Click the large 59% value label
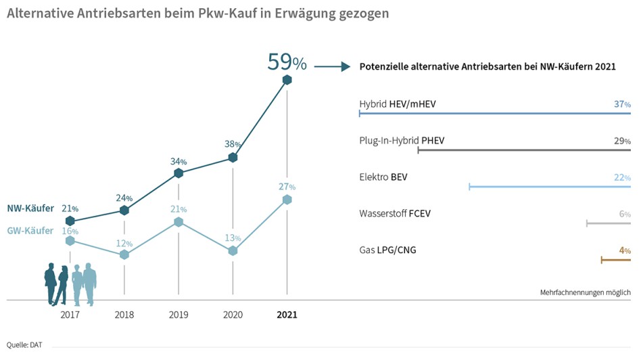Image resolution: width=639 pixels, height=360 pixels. [287, 62]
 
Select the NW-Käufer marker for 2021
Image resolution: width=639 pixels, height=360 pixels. [287, 80]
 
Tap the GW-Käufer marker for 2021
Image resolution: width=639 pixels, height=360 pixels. [287, 200]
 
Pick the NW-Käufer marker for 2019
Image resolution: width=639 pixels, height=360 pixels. [179, 173]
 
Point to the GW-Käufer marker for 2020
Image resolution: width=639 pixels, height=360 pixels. [233, 250]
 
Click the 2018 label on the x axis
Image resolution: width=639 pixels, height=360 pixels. [124, 315]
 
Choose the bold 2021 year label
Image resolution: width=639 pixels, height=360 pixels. [287, 315]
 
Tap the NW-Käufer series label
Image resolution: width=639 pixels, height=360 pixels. [30, 208]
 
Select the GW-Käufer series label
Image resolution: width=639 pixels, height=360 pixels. [30, 231]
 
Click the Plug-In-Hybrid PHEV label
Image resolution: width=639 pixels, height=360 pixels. [402, 141]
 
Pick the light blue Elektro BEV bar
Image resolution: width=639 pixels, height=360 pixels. [549, 186]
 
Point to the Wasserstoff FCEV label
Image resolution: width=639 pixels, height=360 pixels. [395, 214]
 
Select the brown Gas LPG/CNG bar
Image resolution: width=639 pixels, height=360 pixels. [615, 260]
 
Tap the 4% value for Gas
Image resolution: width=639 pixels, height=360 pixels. [624, 250]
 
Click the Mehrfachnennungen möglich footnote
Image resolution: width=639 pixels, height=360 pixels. [585, 292]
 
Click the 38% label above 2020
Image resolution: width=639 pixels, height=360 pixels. [233, 144]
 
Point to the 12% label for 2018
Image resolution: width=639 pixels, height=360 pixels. [124, 244]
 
